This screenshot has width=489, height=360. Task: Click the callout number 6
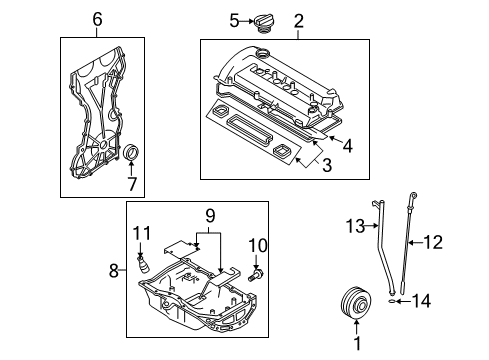pyautogui.click(x=97, y=19)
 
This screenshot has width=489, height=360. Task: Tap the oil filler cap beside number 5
pyautogui.click(x=264, y=23)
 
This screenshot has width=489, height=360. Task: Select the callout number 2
pyautogui.click(x=299, y=21)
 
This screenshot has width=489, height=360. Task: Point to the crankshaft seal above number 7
pyautogui.click(x=131, y=152)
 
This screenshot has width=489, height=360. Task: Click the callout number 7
pyautogui.click(x=132, y=184)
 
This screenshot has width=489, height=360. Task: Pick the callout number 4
pyautogui.click(x=347, y=146)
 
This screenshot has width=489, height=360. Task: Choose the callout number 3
pyautogui.click(x=327, y=165)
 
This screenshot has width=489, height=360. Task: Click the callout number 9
pyautogui.click(x=210, y=216)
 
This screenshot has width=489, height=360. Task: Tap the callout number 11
pyautogui.click(x=142, y=233)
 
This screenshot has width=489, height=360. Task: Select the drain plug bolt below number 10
pyautogui.click(x=256, y=275)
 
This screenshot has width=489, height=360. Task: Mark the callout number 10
pyautogui.click(x=258, y=245)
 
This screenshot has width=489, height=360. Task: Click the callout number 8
pyautogui.click(x=114, y=270)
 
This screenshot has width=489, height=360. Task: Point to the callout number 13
pyautogui.click(x=355, y=226)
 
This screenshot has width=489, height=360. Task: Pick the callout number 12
pyautogui.click(x=433, y=242)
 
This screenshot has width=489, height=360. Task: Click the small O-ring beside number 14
pyautogui.click(x=392, y=302)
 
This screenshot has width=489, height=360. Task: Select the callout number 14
pyautogui.click(x=422, y=301)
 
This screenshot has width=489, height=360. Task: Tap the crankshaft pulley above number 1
pyautogui.click(x=356, y=303)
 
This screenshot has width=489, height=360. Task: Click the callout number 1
pyautogui.click(x=357, y=343)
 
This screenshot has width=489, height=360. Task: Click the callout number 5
pyautogui.click(x=234, y=21)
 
